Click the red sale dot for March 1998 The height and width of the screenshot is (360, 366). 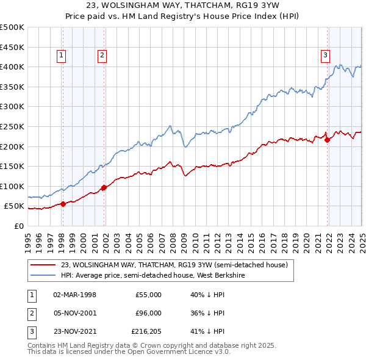click(63, 204)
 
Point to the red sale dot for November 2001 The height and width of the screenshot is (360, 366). click(104, 187)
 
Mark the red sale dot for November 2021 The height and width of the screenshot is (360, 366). click(328, 140)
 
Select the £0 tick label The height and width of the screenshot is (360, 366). click(18, 226)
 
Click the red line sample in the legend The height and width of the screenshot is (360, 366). click(42, 265)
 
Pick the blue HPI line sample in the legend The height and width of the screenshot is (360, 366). click(42, 275)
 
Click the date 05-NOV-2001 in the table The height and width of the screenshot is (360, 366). click(75, 314)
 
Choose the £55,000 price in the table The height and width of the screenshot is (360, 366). click(148, 295)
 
